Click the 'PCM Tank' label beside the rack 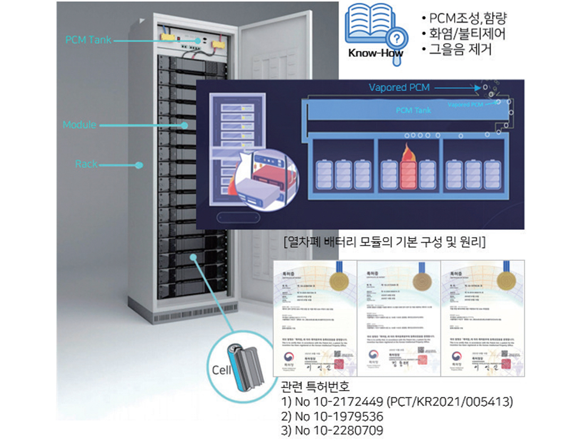[88, 40]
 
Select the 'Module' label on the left [79, 125]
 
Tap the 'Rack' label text [86, 164]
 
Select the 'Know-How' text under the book [376, 53]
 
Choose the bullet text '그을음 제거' [457, 50]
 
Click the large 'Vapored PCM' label [400, 87]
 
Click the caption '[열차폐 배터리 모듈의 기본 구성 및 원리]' [385, 243]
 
